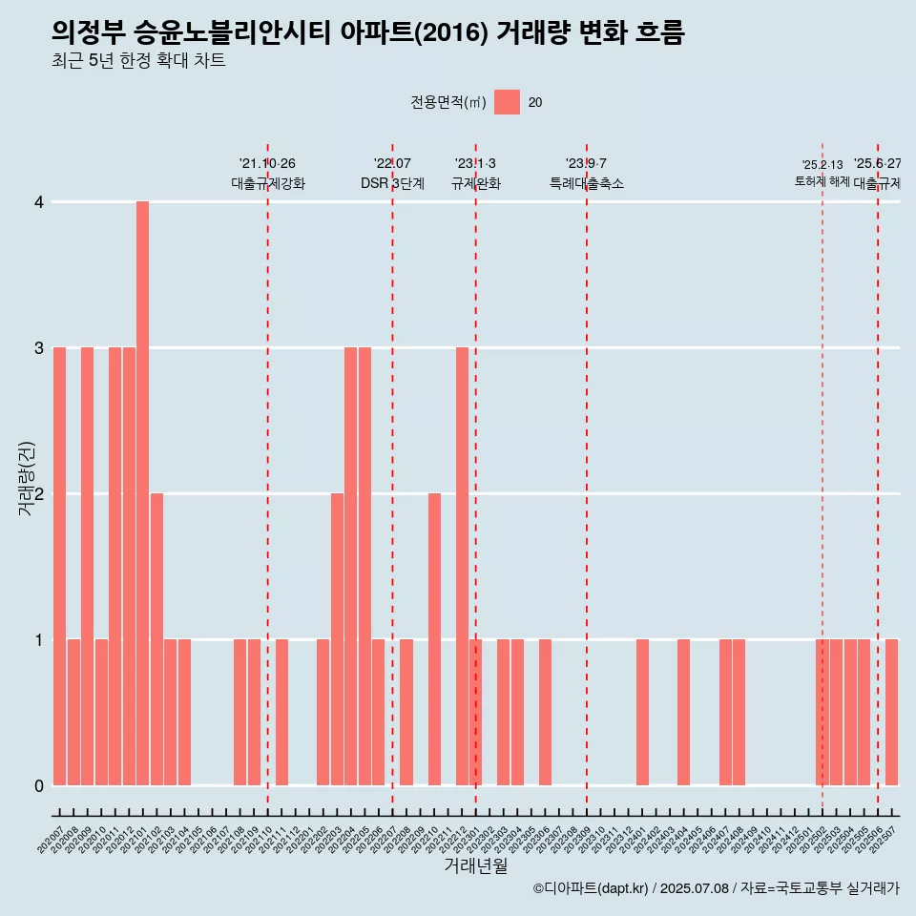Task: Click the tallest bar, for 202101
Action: pyautogui.click(x=142, y=493)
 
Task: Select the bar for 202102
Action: pyautogui.click(x=156, y=639)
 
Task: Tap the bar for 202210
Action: pyautogui.click(x=434, y=639)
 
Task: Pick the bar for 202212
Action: pyautogui.click(x=462, y=566)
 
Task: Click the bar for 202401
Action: pyautogui.click(x=642, y=712)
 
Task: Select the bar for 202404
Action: pyautogui.click(x=683, y=712)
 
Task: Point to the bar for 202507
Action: pyautogui.click(x=891, y=712)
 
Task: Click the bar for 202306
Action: pyautogui.click(x=545, y=712)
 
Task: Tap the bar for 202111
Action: pyautogui.click(x=281, y=712)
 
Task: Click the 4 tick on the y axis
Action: pyautogui.click(x=39, y=202)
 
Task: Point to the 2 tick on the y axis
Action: pyautogui.click(x=39, y=494)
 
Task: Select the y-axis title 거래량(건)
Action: pyautogui.click(x=26, y=477)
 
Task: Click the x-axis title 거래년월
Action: pyautogui.click(x=475, y=866)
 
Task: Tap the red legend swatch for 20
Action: pyautogui.click(x=507, y=102)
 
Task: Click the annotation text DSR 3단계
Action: pyautogui.click(x=392, y=183)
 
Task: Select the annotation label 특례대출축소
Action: pyautogui.click(x=587, y=183)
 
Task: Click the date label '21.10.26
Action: pyautogui.click(x=267, y=164)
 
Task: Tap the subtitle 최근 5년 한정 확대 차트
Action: pyautogui.click(x=138, y=61)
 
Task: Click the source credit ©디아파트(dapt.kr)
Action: pyautogui.click(x=592, y=888)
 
